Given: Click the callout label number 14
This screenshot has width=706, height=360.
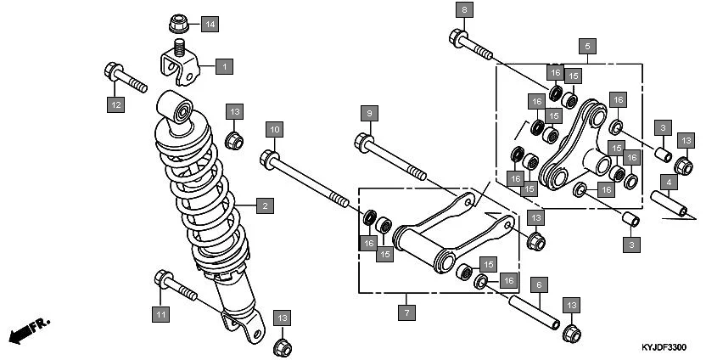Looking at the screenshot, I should pos(209,22).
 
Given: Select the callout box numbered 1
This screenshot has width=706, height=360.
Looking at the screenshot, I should pos(224,65).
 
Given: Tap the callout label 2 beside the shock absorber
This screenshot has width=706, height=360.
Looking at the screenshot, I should pos(264,205).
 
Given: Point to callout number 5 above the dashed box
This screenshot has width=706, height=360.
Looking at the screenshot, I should pos(587,45).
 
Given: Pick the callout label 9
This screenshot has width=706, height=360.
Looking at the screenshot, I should pos(367,113).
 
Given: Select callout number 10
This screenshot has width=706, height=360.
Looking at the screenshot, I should pos(273,130).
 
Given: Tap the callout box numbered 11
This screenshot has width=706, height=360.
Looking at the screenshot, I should pos(160,315).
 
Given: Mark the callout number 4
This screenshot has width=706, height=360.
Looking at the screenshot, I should pos(670,183).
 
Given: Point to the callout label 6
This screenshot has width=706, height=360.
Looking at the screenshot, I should pos(537,285).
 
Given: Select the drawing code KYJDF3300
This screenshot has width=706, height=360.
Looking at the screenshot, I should pos(664,348).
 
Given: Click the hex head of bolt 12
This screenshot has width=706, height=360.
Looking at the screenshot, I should pos(112,70).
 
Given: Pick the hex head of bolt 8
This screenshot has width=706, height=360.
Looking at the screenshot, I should pos(457,37).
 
